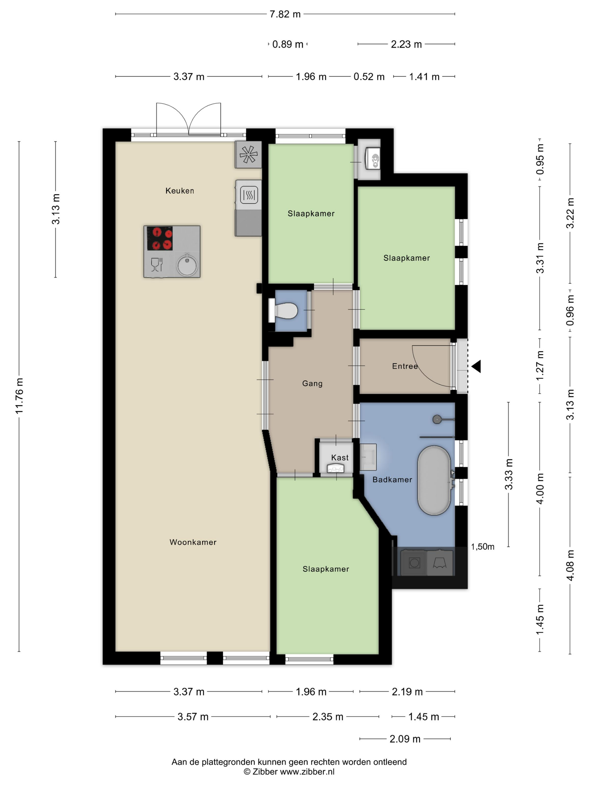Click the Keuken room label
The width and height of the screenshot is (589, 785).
click(x=180, y=191)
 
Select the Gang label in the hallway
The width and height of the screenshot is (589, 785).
click(x=312, y=384)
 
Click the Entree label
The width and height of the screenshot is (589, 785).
click(x=405, y=366)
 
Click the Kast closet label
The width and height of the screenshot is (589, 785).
click(x=340, y=458)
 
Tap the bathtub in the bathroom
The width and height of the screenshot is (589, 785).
click(x=434, y=480)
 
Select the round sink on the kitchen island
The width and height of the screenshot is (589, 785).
click(x=187, y=264)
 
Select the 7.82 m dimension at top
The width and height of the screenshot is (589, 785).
click(x=285, y=14)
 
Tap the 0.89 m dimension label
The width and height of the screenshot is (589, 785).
click(x=287, y=44)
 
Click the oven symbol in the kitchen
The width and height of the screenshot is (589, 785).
click(x=249, y=195)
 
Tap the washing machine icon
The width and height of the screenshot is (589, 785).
click(x=414, y=562)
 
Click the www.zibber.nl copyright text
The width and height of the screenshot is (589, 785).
click(x=289, y=771)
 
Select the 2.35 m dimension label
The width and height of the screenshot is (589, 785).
click(x=328, y=717)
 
